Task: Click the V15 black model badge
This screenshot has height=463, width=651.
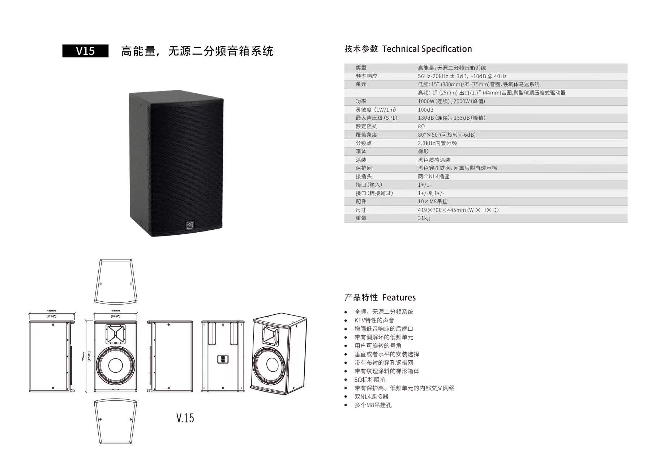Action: [x=85, y=51]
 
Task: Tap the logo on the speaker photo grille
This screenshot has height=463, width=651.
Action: [x=190, y=225]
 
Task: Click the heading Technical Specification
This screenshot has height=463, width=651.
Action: [x=427, y=49]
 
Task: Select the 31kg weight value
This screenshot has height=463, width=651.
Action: [x=424, y=218]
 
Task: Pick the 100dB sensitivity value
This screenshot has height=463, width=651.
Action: [x=425, y=110]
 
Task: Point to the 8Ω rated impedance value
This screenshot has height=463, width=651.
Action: [x=421, y=126]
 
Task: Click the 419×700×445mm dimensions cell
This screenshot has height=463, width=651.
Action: [x=458, y=210]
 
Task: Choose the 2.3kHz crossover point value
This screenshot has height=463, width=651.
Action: [x=437, y=143]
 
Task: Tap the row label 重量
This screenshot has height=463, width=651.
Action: [x=361, y=218]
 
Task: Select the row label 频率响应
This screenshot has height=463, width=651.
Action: [x=366, y=76]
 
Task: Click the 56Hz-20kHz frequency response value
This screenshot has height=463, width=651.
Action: [x=462, y=76]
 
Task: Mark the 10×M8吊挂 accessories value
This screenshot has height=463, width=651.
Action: [x=432, y=201]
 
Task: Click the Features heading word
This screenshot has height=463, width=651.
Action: [x=399, y=298]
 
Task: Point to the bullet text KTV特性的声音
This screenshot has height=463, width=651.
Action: [x=374, y=320]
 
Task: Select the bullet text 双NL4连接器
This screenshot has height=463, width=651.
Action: [x=371, y=396]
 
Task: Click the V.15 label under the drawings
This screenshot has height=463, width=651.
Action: [x=185, y=418]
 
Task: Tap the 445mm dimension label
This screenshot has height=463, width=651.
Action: [x=51, y=311]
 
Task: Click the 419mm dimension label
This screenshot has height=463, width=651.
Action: [x=115, y=311]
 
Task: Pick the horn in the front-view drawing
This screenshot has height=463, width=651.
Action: [x=116, y=334]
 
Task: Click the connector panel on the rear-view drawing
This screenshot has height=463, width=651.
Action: [x=223, y=359]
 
